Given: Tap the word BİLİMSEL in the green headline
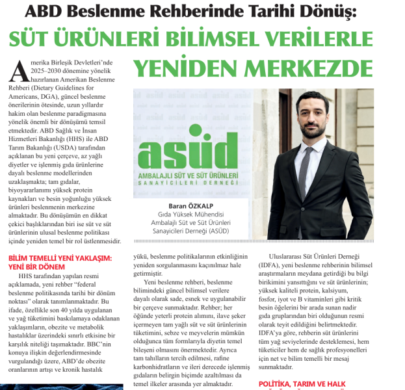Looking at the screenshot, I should click(214, 40).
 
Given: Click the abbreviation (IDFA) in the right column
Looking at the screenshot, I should click(272, 265).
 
